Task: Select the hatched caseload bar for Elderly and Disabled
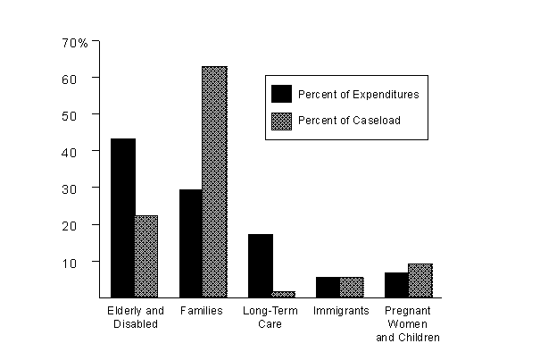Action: (146, 255)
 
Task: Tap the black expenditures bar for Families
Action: (191, 243)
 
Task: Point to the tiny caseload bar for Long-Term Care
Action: (284, 293)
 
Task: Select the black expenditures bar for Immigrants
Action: (328, 287)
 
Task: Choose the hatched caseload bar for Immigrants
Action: (352, 287)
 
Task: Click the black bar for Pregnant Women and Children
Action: (396, 285)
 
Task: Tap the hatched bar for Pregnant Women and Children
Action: (420, 280)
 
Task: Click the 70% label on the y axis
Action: (75, 42)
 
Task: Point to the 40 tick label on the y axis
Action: (80, 152)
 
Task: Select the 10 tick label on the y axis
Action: (80, 262)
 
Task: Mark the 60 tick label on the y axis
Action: (80, 79)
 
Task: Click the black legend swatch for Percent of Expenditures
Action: (282, 94)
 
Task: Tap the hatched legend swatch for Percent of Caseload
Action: (282, 121)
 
